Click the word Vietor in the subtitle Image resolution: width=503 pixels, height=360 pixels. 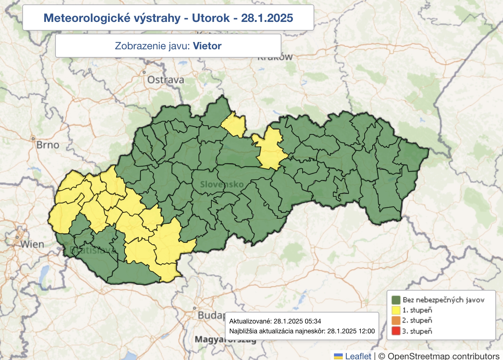pos(207,46)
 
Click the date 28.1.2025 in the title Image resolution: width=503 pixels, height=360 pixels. pos(267,18)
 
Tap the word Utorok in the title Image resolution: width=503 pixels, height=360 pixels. pos(211,18)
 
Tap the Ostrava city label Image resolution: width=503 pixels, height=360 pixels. pos(165,80)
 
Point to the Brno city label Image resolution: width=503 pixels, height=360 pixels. pos(47,145)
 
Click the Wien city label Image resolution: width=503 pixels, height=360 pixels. pos(32,244)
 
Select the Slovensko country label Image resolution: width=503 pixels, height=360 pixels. pos(222,184)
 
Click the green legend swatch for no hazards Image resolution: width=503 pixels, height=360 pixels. pos(396,300)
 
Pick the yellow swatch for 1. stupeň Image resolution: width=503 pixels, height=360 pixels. pos(396,310)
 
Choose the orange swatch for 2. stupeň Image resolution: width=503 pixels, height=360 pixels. pos(396,321)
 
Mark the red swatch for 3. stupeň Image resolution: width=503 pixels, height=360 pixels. pos(396,331)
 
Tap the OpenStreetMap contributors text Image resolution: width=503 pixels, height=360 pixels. pos(443,356)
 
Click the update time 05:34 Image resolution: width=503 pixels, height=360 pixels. pos(313,321)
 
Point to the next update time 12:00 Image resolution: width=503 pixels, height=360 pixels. pos(366,331)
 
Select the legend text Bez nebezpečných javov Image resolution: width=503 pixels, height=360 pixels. pos(443,300)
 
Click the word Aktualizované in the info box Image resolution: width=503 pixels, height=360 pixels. pos(250,321)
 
